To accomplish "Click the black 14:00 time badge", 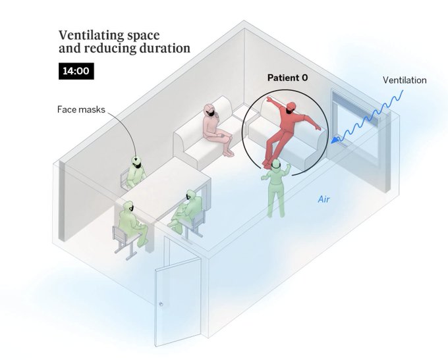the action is pos(74,71).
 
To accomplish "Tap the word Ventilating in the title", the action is pos(87,35).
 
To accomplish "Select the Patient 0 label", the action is pos(287,78).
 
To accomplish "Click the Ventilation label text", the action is pos(405,80).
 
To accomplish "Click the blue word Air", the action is pos(323,199).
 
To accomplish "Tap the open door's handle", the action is pos(161,304).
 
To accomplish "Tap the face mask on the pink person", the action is pos(211,115).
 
